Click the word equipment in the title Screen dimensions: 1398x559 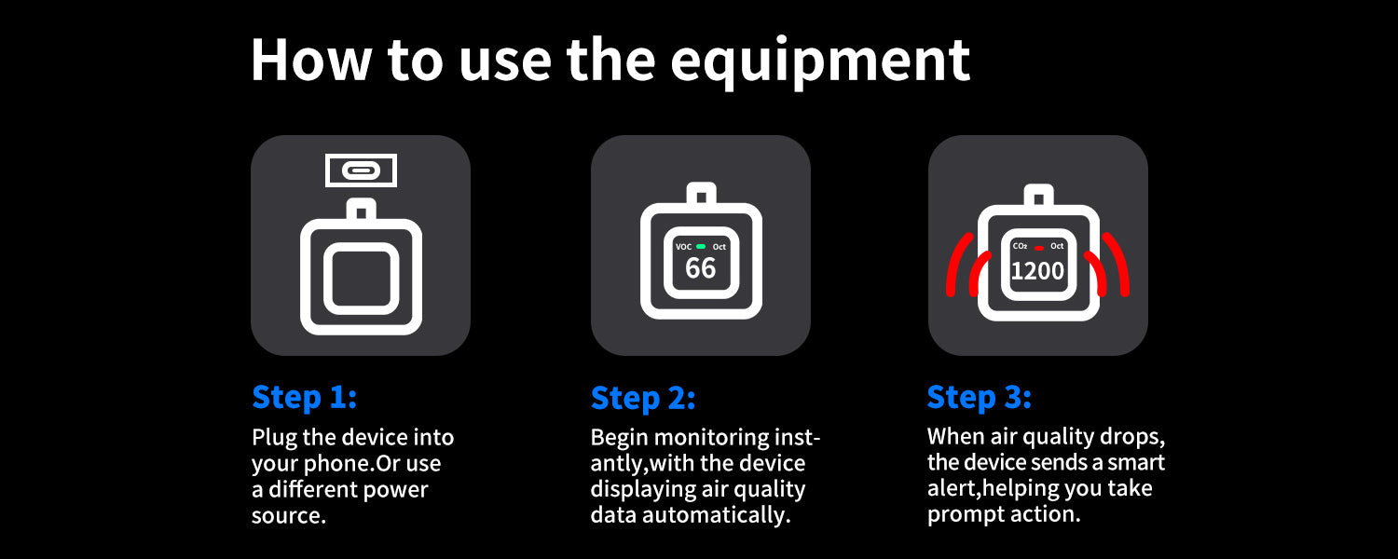820,61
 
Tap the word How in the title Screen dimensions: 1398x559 310,60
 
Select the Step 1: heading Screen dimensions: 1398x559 305,398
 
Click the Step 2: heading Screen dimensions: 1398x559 643,399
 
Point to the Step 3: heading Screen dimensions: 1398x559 980,398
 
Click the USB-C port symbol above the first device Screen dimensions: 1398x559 361,170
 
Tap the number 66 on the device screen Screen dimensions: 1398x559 700,268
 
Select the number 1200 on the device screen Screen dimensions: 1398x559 1037,271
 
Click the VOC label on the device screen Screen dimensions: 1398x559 684,247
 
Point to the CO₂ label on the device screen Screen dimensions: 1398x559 1020,247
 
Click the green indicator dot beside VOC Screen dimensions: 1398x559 701,247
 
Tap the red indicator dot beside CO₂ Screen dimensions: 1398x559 1038,248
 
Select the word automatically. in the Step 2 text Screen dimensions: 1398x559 717,515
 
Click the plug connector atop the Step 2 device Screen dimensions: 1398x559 701,194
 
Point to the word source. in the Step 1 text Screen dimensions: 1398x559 289,516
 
